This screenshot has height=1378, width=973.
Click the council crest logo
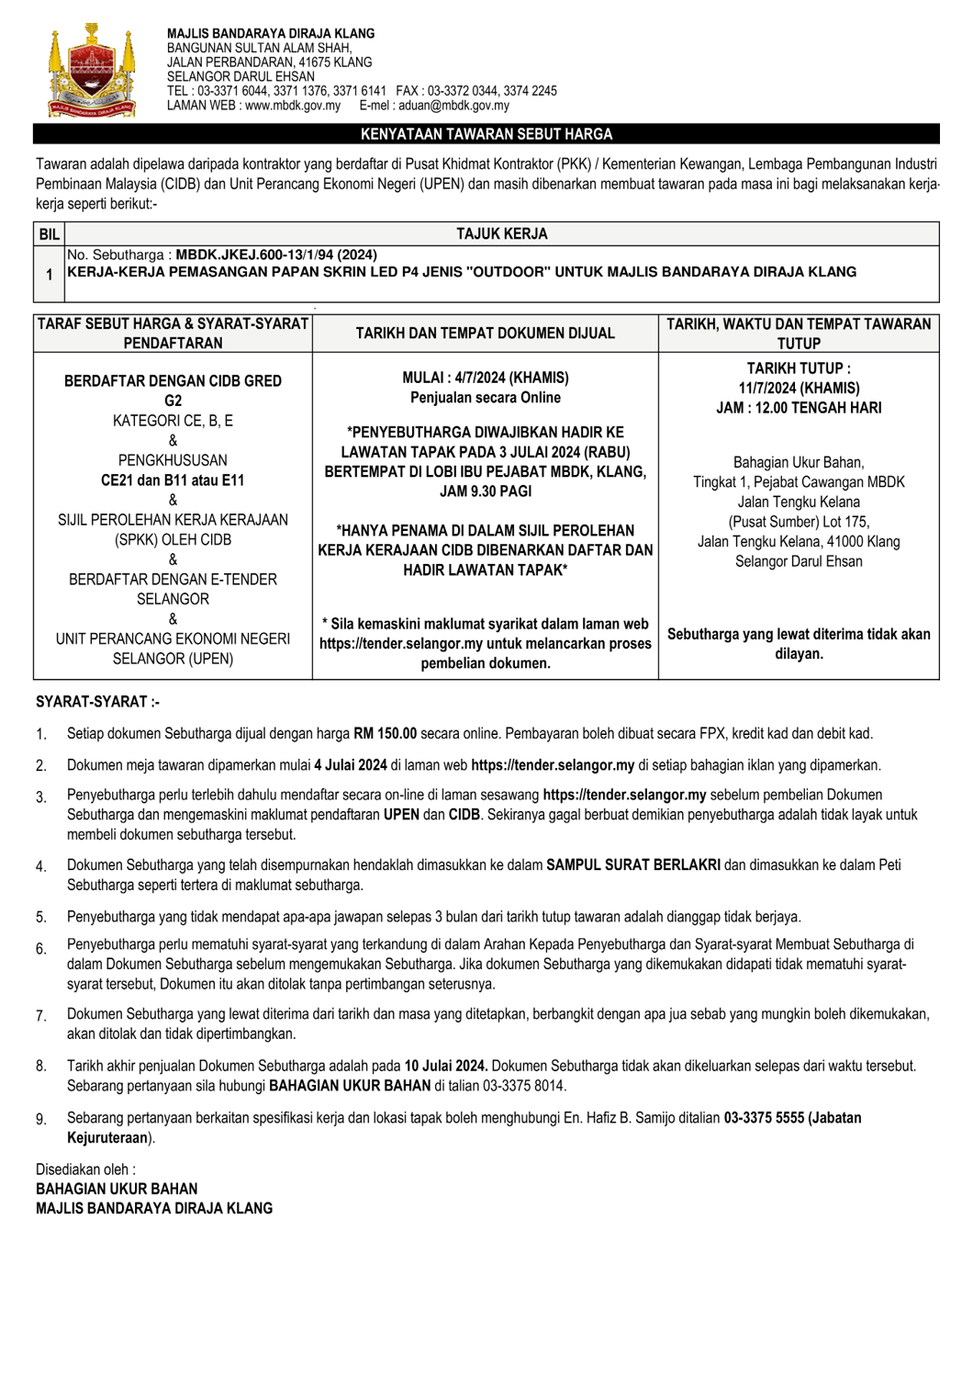click(91, 72)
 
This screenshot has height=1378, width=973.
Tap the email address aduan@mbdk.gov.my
click(453, 106)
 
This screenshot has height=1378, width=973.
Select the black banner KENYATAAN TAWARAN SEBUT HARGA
click(486, 134)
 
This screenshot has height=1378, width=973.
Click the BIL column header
click(49, 234)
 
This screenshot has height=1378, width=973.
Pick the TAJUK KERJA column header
click(501, 234)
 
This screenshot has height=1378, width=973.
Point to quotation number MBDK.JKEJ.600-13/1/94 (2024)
click(276, 254)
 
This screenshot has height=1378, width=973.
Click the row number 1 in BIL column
click(49, 275)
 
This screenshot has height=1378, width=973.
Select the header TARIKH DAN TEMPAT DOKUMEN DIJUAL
click(485, 333)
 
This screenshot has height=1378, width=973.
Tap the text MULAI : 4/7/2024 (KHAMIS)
click(485, 378)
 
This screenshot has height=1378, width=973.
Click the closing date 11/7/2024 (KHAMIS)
click(799, 388)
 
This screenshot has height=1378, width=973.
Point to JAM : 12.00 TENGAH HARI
click(799, 408)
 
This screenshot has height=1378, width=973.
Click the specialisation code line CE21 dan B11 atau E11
click(173, 480)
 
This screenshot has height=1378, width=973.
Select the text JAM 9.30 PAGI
click(485, 491)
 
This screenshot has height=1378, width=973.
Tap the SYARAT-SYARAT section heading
click(97, 702)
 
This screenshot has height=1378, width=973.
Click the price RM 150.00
click(385, 734)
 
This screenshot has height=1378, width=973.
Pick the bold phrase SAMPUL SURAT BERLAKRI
click(632, 865)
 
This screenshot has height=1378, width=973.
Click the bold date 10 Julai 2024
click(446, 1067)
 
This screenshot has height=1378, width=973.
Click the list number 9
click(41, 1119)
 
